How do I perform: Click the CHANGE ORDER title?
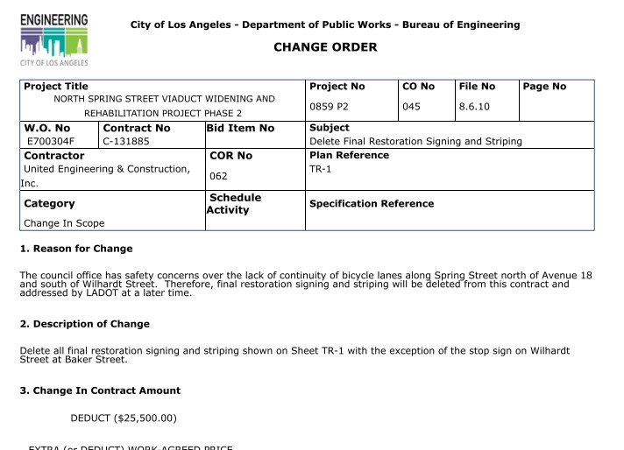click(x=325, y=47)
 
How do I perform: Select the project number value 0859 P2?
click(x=330, y=106)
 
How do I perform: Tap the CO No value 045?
click(x=412, y=106)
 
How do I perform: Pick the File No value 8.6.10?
click(x=474, y=106)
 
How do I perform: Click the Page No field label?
click(x=544, y=87)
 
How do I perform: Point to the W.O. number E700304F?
click(x=50, y=141)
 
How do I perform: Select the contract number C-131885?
click(x=125, y=141)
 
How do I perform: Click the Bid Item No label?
click(x=241, y=129)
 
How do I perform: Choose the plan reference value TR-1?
click(x=321, y=168)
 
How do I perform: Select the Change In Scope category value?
click(x=64, y=223)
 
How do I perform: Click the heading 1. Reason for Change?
click(x=75, y=249)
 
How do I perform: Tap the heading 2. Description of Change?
click(x=84, y=324)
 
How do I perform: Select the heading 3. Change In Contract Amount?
click(x=100, y=390)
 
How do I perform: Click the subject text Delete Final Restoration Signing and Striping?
click(x=415, y=141)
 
